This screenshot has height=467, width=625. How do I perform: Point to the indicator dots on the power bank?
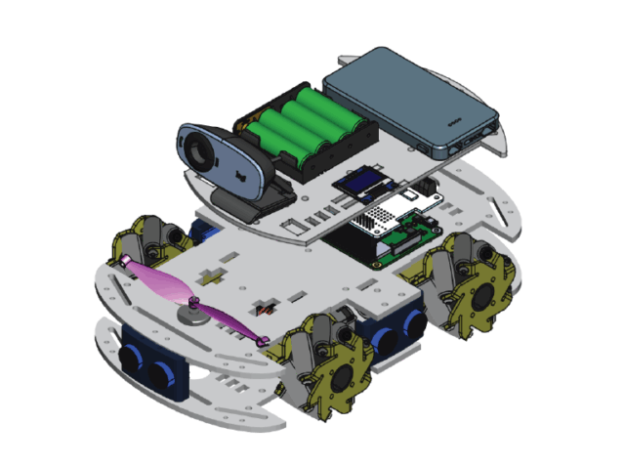coord(453,124)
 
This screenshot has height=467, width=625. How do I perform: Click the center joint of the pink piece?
coord(195,300)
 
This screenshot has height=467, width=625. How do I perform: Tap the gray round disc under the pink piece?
coord(192,314)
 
